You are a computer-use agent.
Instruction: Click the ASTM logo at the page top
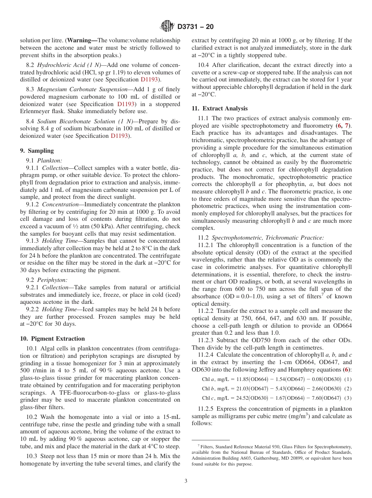(x=168, y=27)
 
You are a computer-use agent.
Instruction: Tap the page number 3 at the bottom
(x=186, y=481)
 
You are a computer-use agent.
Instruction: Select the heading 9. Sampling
(x=37, y=151)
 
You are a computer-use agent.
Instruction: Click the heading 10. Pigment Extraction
(x=52, y=339)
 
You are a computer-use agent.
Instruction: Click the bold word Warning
(x=83, y=40)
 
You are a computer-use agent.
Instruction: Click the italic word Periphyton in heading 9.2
(x=52, y=280)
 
